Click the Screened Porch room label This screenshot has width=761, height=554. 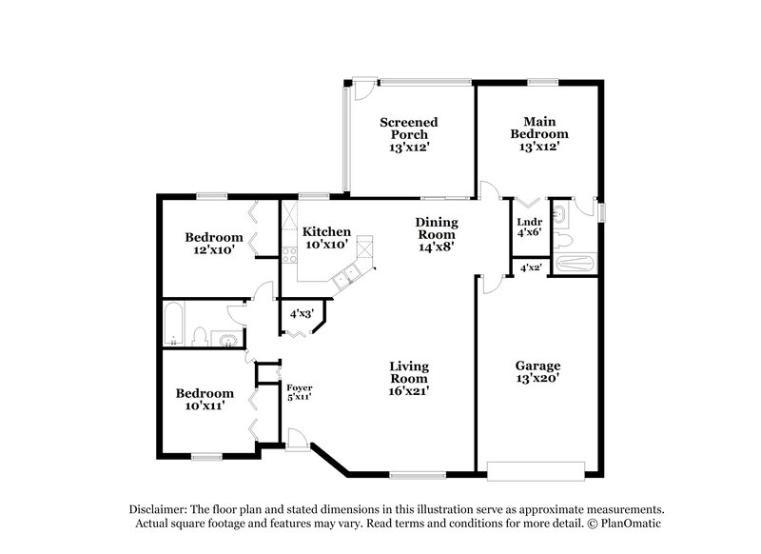point(409,134)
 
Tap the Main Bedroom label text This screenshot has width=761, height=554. point(538,133)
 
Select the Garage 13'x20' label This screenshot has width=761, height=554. point(537,371)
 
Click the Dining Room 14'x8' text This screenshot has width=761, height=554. point(437,234)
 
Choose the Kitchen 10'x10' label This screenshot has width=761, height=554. point(326,237)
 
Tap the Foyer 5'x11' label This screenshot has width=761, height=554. point(300,393)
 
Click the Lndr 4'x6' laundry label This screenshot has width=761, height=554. point(528,227)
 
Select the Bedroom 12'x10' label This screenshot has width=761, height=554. point(214,243)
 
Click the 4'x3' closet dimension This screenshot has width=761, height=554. point(302,312)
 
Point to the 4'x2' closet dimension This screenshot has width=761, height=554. point(530,268)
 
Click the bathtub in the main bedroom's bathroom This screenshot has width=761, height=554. point(575,264)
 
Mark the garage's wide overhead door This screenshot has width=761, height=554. point(535,468)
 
